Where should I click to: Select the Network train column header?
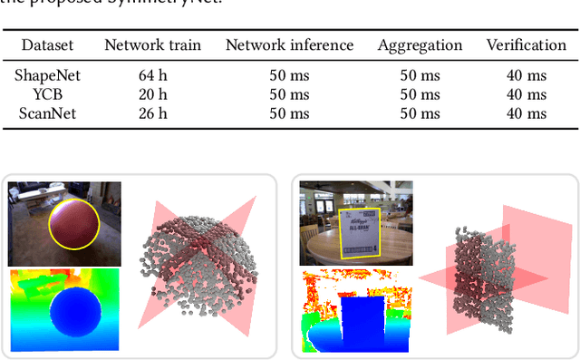tap(152, 44)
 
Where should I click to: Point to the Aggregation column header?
tap(420, 44)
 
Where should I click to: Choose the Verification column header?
tap(527, 44)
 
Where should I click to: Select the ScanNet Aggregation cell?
tap(420, 112)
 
